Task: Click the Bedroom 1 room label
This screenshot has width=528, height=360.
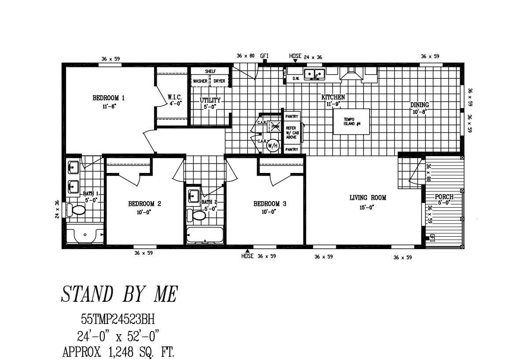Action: click(x=108, y=98)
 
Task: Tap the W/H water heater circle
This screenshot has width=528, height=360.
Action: click(x=273, y=145)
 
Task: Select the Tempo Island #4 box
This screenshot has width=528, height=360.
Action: click(x=352, y=121)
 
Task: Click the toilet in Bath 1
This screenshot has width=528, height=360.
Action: click(x=76, y=210)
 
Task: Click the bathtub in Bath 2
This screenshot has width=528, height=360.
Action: click(x=204, y=235)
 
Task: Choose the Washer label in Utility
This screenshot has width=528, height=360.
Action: click(x=200, y=81)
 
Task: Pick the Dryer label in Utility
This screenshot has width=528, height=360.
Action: click(x=219, y=81)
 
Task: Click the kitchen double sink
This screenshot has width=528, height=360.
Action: click(x=315, y=73)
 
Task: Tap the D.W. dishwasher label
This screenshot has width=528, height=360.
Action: click(x=296, y=79)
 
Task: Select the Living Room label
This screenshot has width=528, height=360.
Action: click(x=368, y=198)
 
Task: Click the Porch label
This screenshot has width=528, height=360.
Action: click(x=444, y=197)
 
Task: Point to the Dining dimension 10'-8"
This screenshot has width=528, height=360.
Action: click(x=419, y=112)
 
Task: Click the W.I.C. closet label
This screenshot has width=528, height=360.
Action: click(x=174, y=97)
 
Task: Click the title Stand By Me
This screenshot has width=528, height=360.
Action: click(x=119, y=294)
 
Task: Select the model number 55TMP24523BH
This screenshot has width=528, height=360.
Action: click(x=118, y=318)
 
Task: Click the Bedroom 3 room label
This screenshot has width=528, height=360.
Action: click(x=270, y=204)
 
